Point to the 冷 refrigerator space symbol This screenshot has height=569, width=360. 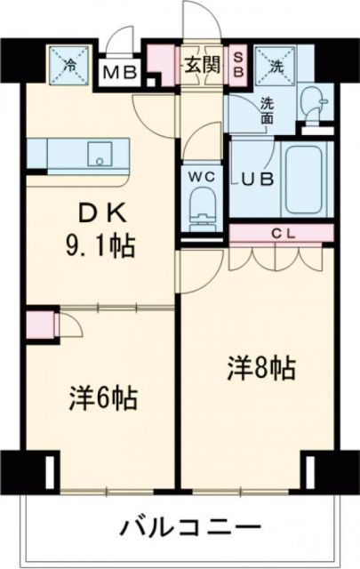[72, 63]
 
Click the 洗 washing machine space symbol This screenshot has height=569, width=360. [275, 63]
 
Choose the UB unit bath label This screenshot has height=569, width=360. [257, 176]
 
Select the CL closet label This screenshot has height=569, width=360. [282, 234]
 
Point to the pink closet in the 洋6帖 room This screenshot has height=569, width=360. [40, 324]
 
